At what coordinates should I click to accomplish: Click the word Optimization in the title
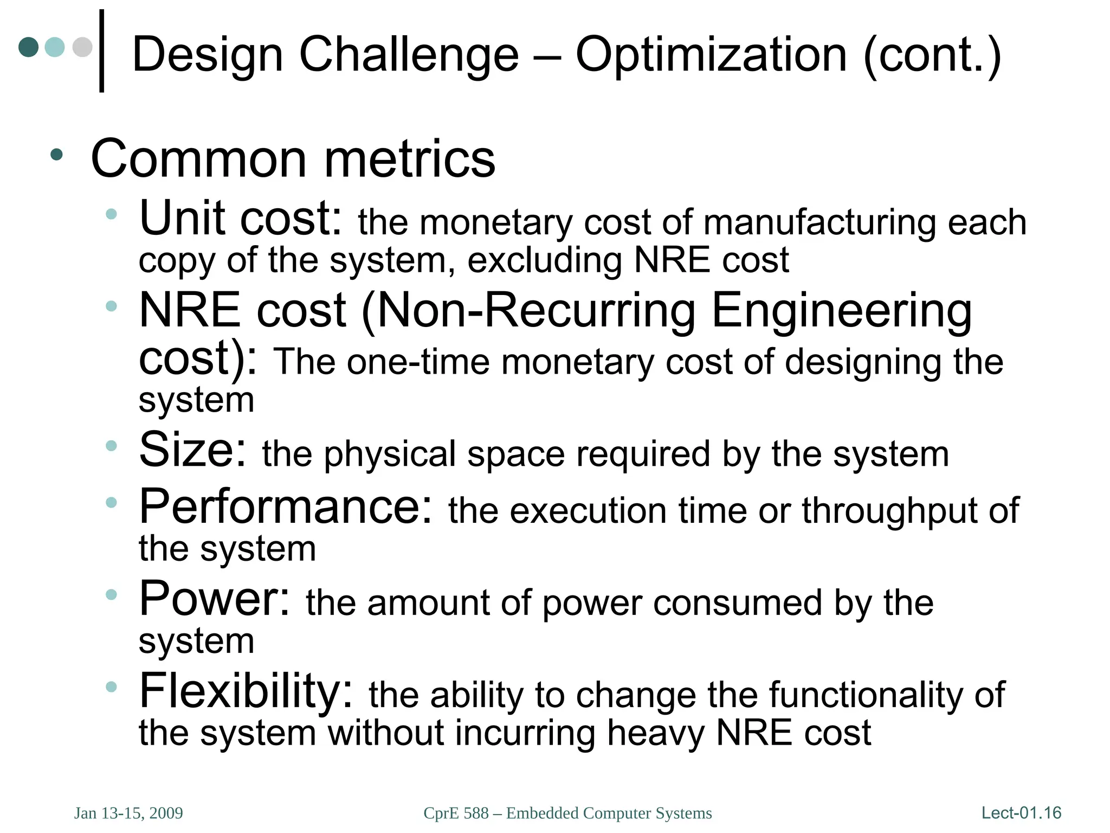point(711,55)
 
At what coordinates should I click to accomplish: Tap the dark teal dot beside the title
point(29,47)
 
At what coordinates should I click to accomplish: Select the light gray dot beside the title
point(82,47)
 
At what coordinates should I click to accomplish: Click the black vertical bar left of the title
point(101,51)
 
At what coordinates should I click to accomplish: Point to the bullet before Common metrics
point(56,155)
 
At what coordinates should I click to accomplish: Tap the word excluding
point(544,260)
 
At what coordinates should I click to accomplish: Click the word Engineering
point(841,311)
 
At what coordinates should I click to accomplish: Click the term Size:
point(193,450)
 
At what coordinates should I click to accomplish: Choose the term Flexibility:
point(246,691)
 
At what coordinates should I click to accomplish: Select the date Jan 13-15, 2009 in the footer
point(128,813)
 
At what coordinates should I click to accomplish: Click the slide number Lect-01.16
point(1021,812)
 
